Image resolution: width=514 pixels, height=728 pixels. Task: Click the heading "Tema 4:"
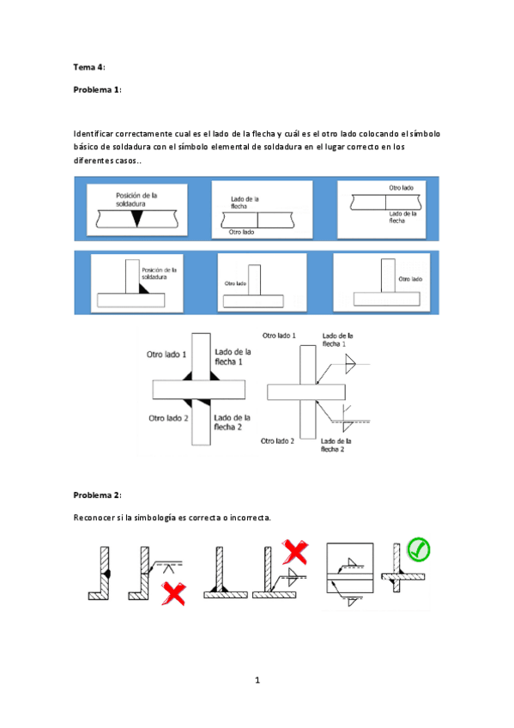88,66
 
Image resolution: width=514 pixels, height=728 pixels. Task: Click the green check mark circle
420,549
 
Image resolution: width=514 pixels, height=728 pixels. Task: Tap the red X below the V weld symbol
174,592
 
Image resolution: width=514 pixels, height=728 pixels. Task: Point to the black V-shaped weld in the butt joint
136,220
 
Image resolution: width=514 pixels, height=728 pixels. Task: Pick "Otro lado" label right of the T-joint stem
410,278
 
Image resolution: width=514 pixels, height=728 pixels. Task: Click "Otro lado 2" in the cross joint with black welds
167,419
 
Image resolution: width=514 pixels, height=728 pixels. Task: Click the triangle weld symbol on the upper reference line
348,367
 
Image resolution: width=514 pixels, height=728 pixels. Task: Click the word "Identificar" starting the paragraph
96,134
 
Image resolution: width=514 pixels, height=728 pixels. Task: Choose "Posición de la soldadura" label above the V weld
136,199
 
